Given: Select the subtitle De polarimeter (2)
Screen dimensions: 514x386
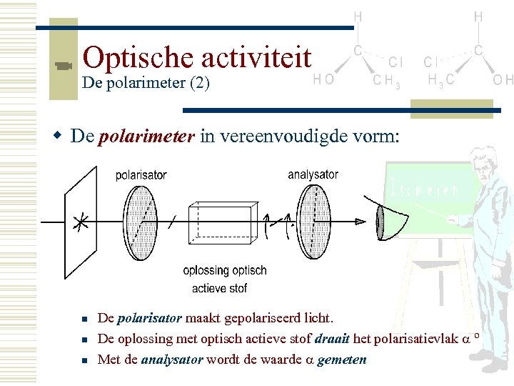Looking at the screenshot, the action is coord(146,83).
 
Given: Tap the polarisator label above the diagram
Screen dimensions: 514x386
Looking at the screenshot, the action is coord(141,175).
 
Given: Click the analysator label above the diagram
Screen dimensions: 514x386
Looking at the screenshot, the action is coord(313,174).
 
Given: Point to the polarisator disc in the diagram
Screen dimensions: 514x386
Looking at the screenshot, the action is coord(140,214).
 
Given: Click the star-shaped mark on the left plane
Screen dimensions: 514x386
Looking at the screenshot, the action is coord(82,222).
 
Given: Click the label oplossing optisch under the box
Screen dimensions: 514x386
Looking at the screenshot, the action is coord(225,271).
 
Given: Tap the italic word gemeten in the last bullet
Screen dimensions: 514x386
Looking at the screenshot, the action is coord(343,360).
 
